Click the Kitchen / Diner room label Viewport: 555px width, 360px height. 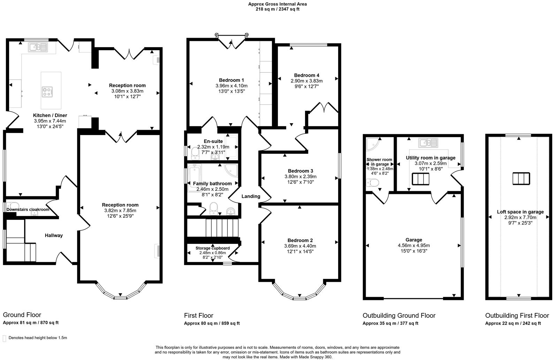pyautogui.click(x=50, y=115)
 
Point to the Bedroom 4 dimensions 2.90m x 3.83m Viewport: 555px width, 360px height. pyautogui.click(x=306, y=81)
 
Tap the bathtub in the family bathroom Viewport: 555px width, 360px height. pyautogui.click(x=193, y=178)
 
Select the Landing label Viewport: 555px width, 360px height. pyautogui.click(x=251, y=196)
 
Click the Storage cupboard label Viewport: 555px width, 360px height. pyautogui.click(x=212, y=248)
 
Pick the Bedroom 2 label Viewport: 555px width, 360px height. pyautogui.click(x=300, y=240)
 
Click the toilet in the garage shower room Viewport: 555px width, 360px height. pyautogui.click(x=372, y=182)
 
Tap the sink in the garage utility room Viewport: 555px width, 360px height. pyautogui.click(x=428, y=142)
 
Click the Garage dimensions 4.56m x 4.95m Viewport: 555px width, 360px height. pyautogui.click(x=413, y=245)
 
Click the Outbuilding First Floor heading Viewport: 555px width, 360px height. pyautogui.click(x=517, y=315)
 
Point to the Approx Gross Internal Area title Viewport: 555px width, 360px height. pyautogui.click(x=277, y=4)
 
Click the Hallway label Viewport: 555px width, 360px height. pyautogui.click(x=54, y=235)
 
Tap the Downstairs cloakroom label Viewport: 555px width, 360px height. pyautogui.click(x=28, y=210)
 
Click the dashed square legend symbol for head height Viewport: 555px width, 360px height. pyautogui.click(x=5, y=338)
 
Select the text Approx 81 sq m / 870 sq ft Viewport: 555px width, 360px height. pyautogui.click(x=31, y=323)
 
